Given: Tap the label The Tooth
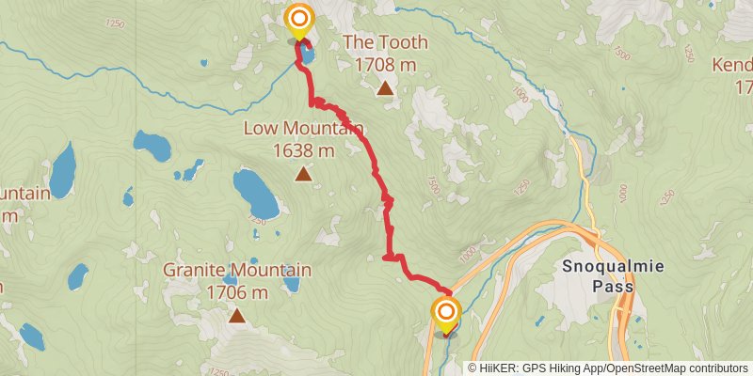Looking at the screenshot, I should [x=385, y=42].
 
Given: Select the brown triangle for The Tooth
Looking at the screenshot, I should [x=385, y=89].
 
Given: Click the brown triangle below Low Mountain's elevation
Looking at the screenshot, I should [x=302, y=174].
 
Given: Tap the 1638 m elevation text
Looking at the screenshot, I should [x=302, y=149].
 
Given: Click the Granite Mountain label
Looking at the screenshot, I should [x=237, y=270].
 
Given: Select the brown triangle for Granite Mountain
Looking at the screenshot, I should [x=236, y=316].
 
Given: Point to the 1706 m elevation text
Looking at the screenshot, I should [x=236, y=292].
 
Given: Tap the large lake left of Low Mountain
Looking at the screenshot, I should [x=255, y=193].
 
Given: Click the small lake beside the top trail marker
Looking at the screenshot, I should [x=308, y=55].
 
